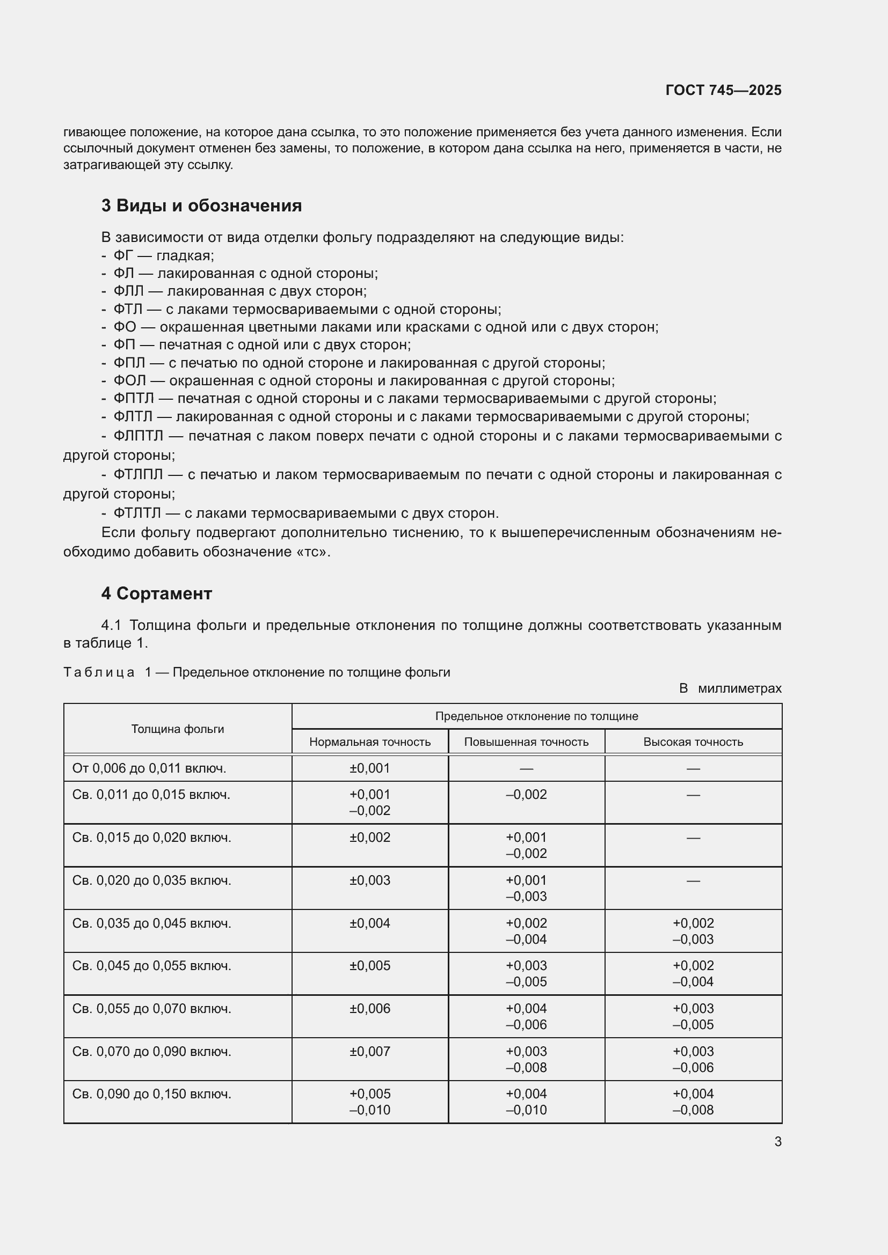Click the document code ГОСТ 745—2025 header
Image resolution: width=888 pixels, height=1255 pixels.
[723, 90]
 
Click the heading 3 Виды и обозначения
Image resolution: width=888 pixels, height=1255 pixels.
[201, 206]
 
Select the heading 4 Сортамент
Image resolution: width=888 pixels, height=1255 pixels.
[156, 593]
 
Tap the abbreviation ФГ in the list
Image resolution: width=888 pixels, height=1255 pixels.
[123, 255]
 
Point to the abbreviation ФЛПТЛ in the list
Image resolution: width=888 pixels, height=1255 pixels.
[139, 436]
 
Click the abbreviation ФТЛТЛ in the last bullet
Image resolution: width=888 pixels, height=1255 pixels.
[137, 513]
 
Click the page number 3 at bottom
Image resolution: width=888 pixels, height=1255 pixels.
[777, 1141]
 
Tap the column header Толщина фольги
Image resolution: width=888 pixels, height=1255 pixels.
[178, 729]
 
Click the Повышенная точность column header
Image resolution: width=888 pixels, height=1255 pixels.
[526, 742]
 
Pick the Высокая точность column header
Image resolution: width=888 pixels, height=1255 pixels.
[693, 742]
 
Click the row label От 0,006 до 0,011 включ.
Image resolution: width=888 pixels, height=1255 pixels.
[149, 768]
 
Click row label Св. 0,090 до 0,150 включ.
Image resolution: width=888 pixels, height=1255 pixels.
[151, 1093]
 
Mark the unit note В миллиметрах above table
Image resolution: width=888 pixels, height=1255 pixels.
[730, 688]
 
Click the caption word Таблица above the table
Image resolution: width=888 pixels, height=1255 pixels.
[99, 672]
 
